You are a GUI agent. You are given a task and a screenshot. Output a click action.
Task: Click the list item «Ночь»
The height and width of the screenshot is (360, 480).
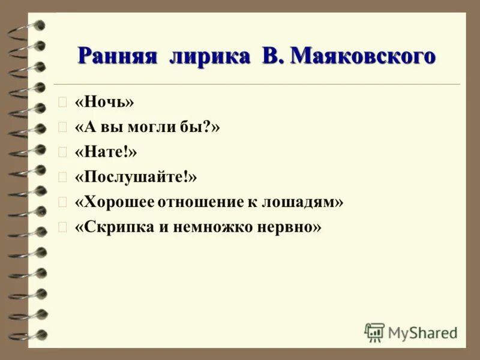[104, 103]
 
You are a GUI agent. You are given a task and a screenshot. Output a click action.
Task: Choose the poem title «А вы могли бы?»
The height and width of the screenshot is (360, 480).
[148, 128]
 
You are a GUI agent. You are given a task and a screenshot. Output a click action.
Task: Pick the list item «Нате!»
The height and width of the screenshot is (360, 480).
[106, 152]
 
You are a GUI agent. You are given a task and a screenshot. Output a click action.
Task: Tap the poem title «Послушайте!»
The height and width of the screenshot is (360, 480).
[136, 178]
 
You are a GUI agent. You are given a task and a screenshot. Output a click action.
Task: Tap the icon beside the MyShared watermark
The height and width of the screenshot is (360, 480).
[374, 332]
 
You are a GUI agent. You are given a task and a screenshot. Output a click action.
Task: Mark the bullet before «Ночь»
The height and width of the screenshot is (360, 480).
[61, 103]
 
